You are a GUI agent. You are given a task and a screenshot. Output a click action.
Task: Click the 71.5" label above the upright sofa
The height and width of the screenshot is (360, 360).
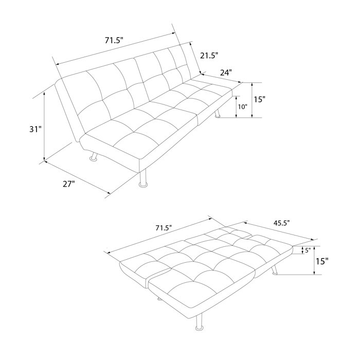point(114,41)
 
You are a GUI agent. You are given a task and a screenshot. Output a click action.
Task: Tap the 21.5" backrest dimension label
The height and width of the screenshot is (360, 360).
point(209,56)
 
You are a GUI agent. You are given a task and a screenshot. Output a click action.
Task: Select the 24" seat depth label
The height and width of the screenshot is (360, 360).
point(226,73)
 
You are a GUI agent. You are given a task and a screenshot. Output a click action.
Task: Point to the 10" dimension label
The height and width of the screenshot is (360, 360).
point(242,107)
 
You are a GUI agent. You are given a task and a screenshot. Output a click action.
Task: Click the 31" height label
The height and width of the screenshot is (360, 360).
point(35,130)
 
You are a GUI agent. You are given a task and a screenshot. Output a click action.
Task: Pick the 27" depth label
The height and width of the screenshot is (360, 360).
point(69,184)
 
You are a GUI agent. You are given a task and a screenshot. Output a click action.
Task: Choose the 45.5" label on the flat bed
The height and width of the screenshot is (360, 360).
point(281,223)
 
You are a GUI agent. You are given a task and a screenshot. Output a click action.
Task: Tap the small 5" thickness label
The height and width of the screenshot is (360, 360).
point(308,250)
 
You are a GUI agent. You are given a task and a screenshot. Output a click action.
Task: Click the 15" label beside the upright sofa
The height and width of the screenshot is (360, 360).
point(259,100)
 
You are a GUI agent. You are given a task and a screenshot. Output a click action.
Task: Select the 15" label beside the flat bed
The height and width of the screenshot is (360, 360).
point(322,261)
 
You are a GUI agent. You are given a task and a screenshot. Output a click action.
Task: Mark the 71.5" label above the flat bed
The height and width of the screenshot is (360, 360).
point(164,228)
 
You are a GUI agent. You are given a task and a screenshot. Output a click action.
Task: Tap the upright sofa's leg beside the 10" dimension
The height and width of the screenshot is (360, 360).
point(217,114)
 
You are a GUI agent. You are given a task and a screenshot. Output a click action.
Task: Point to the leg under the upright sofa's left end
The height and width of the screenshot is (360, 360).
point(94,156)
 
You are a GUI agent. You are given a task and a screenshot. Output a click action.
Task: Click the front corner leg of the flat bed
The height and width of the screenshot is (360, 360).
point(199,322)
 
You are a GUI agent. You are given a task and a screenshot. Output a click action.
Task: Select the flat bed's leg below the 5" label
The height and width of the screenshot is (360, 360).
point(274,269)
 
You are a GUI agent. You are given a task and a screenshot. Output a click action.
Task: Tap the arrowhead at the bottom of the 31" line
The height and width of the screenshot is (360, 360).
point(45,158)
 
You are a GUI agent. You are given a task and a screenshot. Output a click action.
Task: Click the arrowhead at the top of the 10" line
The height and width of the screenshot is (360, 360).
point(236,98)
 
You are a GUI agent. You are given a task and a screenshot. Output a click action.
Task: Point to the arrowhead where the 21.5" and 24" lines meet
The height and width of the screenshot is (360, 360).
point(202,74)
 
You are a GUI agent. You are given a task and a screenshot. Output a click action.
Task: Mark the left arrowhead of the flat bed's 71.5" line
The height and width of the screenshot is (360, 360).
point(109,252)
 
